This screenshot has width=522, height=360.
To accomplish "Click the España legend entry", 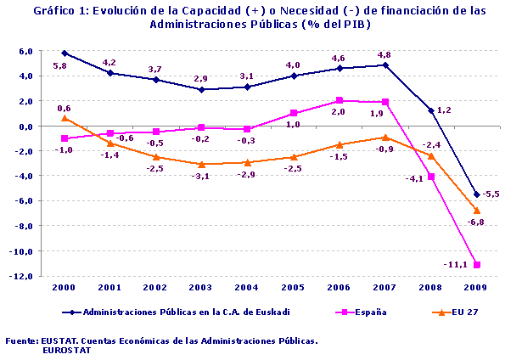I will point(370,312).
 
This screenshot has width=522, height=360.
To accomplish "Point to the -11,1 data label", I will point(455,265).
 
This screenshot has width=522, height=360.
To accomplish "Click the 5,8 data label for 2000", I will point(60,65).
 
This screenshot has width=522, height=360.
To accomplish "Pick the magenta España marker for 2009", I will point(477,264).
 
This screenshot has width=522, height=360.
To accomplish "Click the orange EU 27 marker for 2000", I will point(65,118).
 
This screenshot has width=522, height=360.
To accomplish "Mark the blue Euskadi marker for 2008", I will point(431,110).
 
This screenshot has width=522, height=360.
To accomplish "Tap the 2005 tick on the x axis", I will point(294,287).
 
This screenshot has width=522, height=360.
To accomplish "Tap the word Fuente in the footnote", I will point(21,340).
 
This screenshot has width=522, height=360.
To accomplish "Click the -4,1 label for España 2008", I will point(415,179).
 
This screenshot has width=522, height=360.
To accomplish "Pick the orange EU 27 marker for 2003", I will point(202,164).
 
